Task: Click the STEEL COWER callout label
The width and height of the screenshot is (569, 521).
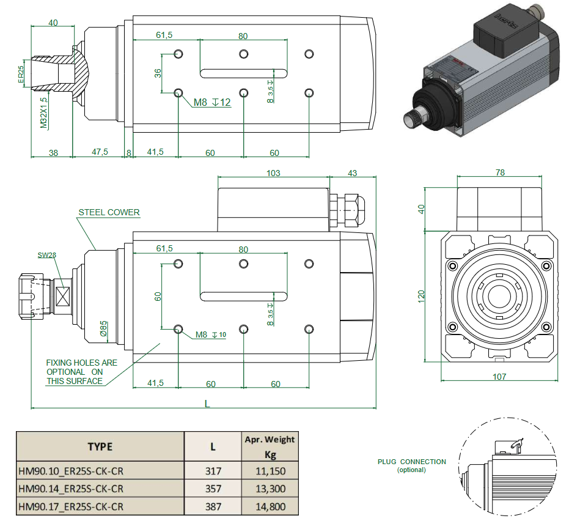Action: tap(109, 213)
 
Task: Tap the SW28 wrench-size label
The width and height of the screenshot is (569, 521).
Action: tap(46, 255)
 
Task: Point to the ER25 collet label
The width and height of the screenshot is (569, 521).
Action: tap(21, 74)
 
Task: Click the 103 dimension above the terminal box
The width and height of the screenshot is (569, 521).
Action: tap(273, 173)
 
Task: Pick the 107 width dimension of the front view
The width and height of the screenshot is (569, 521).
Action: tap(499, 377)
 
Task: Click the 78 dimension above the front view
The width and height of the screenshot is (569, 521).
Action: tap(500, 173)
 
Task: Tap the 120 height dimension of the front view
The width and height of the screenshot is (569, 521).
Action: tap(420, 296)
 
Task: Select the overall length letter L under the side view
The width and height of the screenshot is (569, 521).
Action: tap(207, 404)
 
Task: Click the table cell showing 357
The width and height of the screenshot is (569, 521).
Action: tap(213, 489)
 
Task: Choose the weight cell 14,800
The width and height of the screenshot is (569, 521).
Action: tap(270, 506)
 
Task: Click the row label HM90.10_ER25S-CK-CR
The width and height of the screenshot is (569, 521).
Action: tap(72, 471)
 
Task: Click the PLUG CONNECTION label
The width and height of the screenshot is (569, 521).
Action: tap(411, 462)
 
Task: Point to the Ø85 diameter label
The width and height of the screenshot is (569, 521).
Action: tap(104, 329)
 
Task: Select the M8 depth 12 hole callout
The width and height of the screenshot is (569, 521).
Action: tap(212, 103)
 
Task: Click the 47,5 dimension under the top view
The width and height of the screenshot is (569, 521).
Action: tap(99, 152)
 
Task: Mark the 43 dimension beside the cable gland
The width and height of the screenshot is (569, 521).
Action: tap(353, 173)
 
